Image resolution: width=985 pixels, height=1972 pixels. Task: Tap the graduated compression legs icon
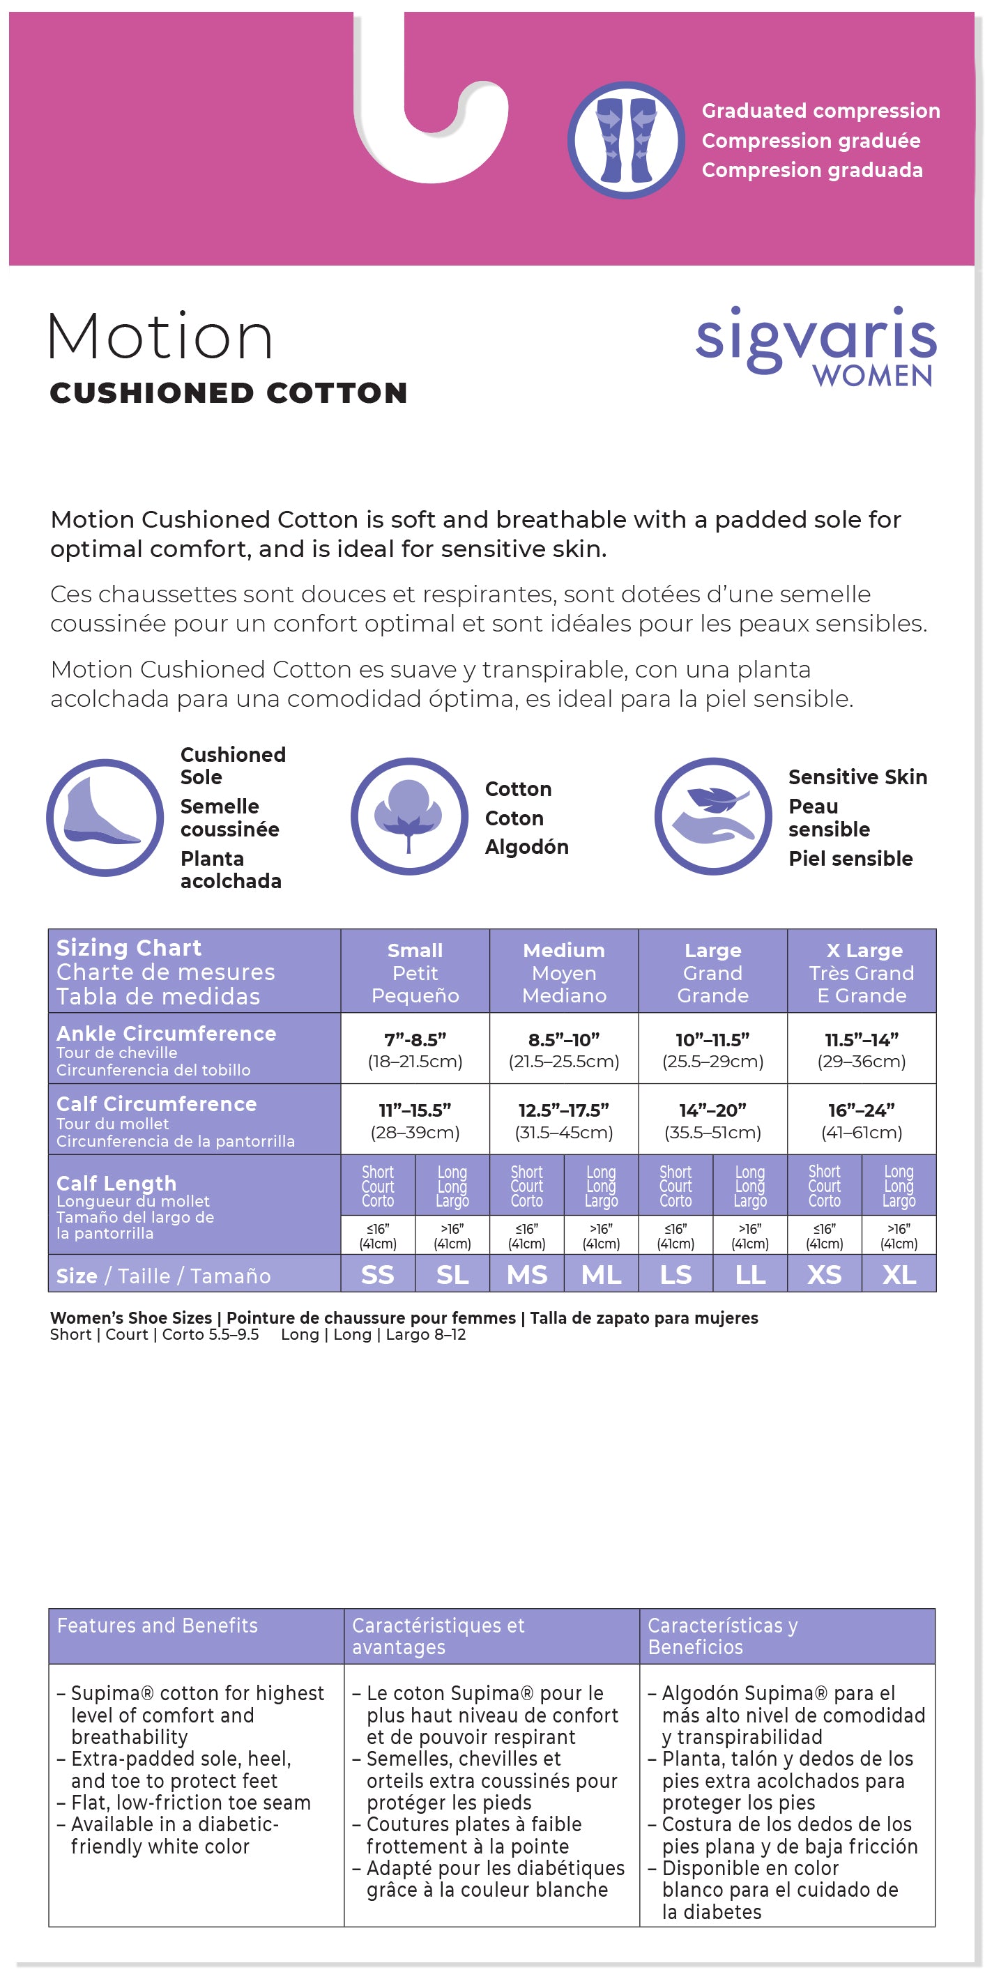(625, 140)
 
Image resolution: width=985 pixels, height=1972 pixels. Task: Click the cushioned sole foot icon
(105, 817)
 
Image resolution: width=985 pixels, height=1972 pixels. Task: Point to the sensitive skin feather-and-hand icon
(712, 816)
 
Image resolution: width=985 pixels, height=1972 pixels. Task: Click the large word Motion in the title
(161, 336)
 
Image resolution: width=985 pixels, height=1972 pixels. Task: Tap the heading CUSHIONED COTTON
(228, 392)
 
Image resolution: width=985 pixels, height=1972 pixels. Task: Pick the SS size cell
(377, 1275)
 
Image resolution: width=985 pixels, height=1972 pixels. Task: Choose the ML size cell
(601, 1275)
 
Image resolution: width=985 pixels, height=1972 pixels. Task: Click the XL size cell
(899, 1275)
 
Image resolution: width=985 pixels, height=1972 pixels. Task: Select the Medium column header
(563, 972)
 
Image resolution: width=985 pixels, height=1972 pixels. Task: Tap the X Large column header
(861, 972)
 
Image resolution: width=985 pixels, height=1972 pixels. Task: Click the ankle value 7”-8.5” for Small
(415, 1040)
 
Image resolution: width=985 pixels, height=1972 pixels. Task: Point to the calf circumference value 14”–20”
(712, 1110)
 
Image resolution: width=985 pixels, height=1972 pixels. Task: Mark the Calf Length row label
(116, 1184)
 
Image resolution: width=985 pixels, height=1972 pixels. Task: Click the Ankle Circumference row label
(166, 1034)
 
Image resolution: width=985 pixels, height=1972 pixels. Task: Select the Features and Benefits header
(158, 1626)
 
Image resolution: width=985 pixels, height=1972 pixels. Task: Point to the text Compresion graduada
(812, 170)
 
